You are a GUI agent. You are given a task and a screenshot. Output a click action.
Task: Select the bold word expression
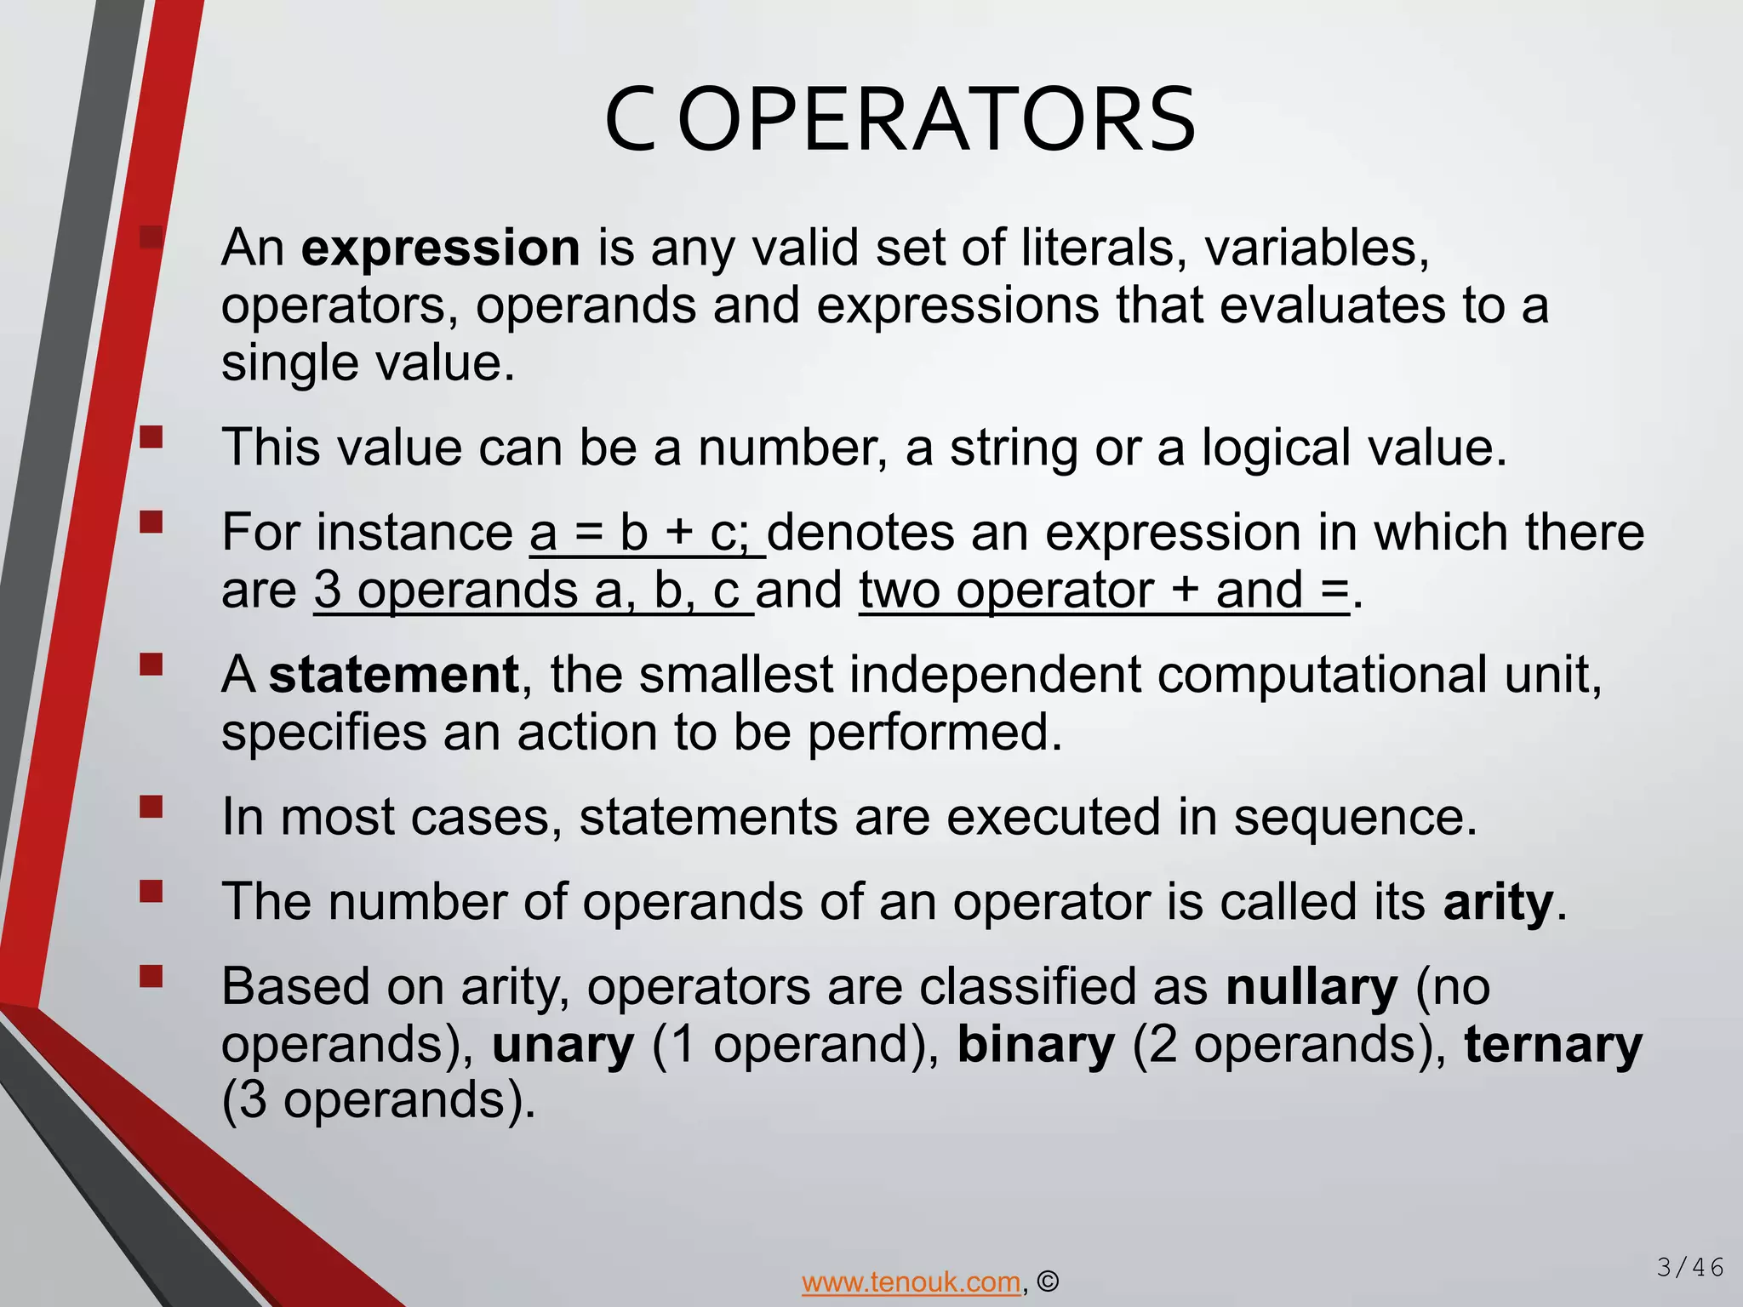click(441, 248)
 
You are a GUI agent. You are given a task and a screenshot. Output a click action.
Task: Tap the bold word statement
click(394, 675)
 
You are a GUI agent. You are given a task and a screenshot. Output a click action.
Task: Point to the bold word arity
click(1498, 902)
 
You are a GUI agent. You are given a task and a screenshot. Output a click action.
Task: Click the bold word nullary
click(1312, 987)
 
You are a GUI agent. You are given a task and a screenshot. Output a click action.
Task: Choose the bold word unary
click(563, 1045)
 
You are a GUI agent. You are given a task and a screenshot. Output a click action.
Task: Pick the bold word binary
click(1036, 1045)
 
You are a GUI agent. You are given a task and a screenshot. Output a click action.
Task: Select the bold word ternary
click(1553, 1045)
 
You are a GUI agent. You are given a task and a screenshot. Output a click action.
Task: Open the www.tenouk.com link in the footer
click(911, 1281)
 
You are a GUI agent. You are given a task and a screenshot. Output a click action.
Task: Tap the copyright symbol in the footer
click(1049, 1281)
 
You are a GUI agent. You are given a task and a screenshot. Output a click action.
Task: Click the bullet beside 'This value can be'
click(151, 437)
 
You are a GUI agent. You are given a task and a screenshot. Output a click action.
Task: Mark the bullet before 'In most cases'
click(151, 806)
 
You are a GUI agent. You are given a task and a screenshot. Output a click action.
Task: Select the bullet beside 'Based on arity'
click(151, 975)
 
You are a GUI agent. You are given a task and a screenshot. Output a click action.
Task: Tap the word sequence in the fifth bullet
click(1355, 817)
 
